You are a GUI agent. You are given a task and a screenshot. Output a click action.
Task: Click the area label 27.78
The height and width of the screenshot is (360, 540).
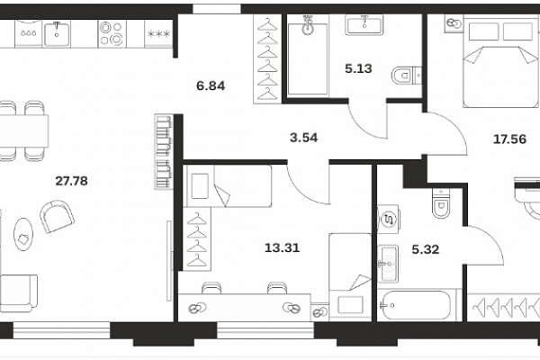[72, 181]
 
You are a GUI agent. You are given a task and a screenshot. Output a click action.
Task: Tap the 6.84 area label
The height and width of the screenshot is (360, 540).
[211, 85]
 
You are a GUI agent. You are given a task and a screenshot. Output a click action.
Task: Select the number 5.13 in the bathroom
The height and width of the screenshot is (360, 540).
[358, 68]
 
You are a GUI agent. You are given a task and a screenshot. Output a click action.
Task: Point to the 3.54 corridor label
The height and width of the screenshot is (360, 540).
[304, 138]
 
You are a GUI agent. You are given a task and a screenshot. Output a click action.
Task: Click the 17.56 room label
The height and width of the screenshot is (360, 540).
[509, 139]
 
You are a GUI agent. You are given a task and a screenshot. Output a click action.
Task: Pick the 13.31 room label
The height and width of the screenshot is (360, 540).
[282, 247]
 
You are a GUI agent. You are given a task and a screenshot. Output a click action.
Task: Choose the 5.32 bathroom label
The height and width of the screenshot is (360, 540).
[426, 249]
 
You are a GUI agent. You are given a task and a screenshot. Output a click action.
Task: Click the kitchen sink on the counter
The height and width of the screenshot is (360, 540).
[57, 34]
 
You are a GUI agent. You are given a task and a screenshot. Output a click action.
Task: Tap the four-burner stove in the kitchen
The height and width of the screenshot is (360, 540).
[112, 34]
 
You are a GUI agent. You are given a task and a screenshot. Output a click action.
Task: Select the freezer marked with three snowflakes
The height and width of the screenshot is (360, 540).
[158, 34]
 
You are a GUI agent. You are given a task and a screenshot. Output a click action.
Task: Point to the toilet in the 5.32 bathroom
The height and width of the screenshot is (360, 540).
[441, 203]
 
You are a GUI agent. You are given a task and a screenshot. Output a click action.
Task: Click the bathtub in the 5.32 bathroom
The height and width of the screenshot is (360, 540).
[416, 306]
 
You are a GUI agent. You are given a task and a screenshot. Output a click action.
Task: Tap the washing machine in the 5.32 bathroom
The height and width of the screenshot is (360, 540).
[389, 219]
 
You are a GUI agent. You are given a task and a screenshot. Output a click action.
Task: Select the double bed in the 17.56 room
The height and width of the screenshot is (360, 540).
[500, 61]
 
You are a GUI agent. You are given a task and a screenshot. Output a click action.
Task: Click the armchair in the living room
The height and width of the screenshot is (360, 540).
[58, 217]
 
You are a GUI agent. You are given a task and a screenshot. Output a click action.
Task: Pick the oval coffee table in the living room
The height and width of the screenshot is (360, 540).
[23, 234]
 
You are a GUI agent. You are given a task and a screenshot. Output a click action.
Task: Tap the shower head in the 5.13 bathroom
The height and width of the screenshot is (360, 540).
[308, 25]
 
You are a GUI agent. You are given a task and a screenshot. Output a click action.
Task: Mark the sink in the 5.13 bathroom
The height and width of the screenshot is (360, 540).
[364, 24]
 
